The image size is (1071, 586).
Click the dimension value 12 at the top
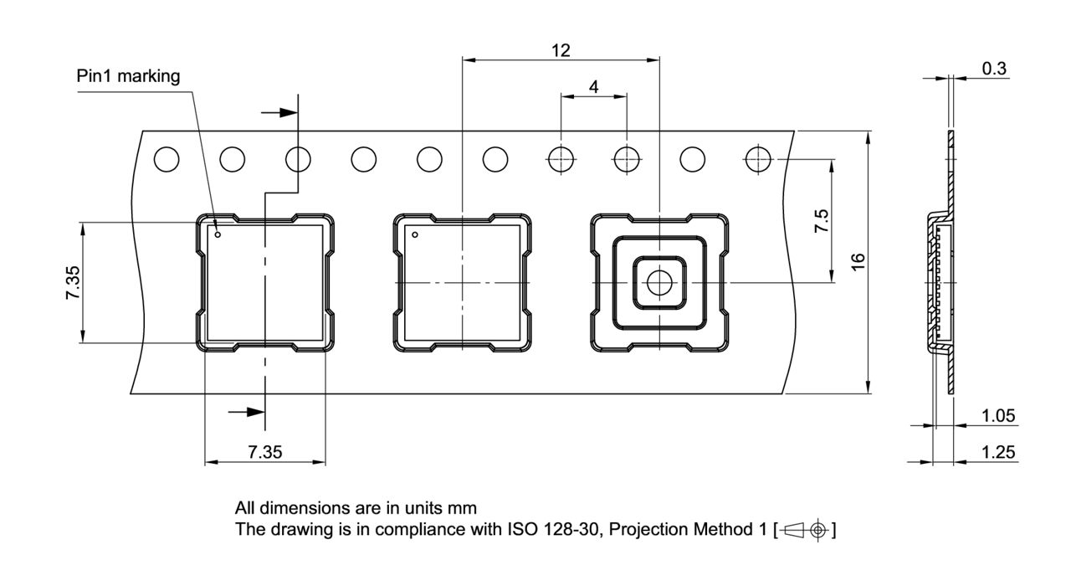click(561, 50)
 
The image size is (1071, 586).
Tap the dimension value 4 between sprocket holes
click(593, 86)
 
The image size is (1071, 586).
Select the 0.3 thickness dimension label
click(994, 69)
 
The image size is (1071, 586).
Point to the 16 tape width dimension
click(858, 261)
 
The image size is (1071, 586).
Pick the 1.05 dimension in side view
click(998, 416)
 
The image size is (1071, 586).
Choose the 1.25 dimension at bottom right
click(998, 452)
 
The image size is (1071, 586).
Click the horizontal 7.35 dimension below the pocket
click(264, 452)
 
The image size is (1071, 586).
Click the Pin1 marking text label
click(128, 76)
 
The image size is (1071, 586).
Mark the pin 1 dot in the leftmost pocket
click(218, 234)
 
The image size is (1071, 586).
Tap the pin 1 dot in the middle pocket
click(414, 234)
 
